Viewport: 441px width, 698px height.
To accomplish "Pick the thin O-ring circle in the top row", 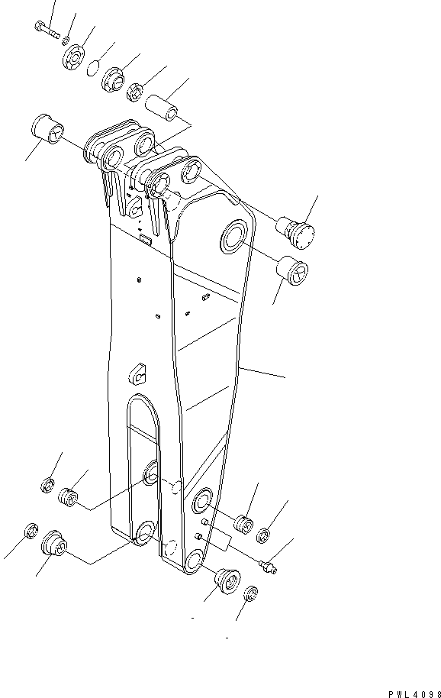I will click(92, 68).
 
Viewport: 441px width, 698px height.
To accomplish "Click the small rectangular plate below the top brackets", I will click(145, 242).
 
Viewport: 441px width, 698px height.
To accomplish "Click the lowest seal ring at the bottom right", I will click(251, 593).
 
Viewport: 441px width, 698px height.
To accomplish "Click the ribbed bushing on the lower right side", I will click(243, 525).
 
